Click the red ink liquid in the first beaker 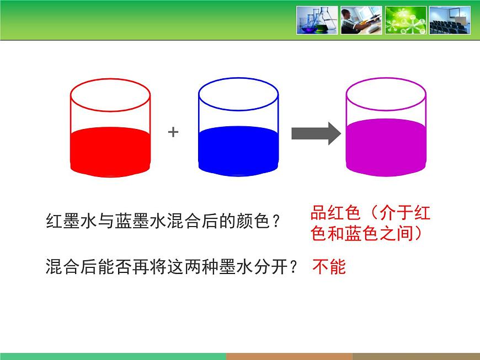coord(110,152)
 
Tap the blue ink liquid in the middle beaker coord(238,151)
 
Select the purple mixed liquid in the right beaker coord(386,147)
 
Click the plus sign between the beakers coord(173,132)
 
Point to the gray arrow coord(316,133)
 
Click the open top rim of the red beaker coord(110,79)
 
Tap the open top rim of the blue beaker coord(238,78)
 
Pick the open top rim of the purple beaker coord(386,78)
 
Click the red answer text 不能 coord(329,266)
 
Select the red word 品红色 coord(335,213)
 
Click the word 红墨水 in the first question coord(72,221)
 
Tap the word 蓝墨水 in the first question coord(141,221)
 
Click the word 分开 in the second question coord(270,266)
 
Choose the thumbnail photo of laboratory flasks coord(317,20)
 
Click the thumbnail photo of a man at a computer coord(361,20)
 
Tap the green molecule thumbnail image coord(406,20)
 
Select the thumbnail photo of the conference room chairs coord(450,20)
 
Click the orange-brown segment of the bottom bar coord(289,356)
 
